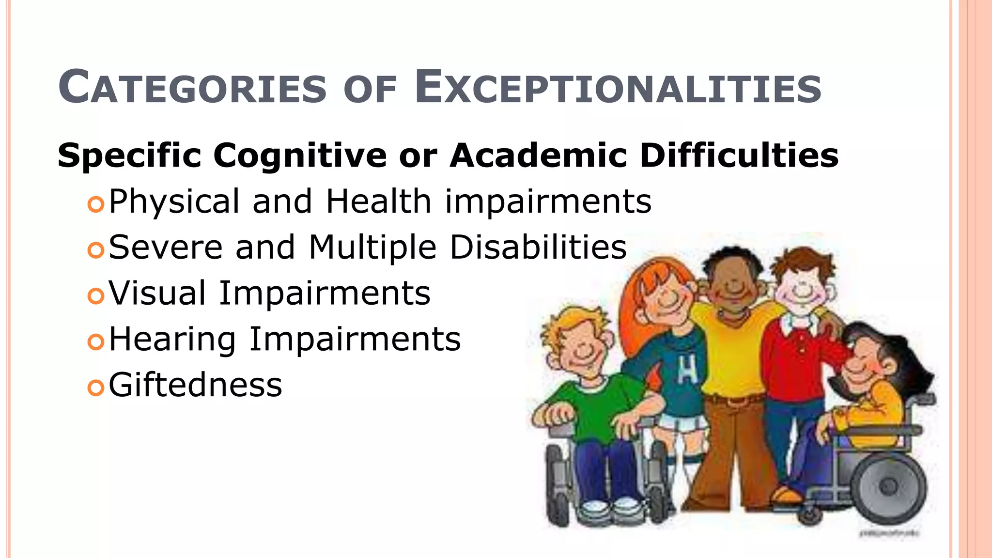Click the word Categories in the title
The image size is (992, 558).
click(x=192, y=88)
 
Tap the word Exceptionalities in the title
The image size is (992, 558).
click(x=618, y=88)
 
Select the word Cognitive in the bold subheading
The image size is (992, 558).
click(x=300, y=156)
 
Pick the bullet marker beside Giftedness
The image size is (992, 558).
click(x=96, y=387)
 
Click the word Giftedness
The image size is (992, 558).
click(x=195, y=386)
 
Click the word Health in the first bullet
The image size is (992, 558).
click(x=378, y=201)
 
